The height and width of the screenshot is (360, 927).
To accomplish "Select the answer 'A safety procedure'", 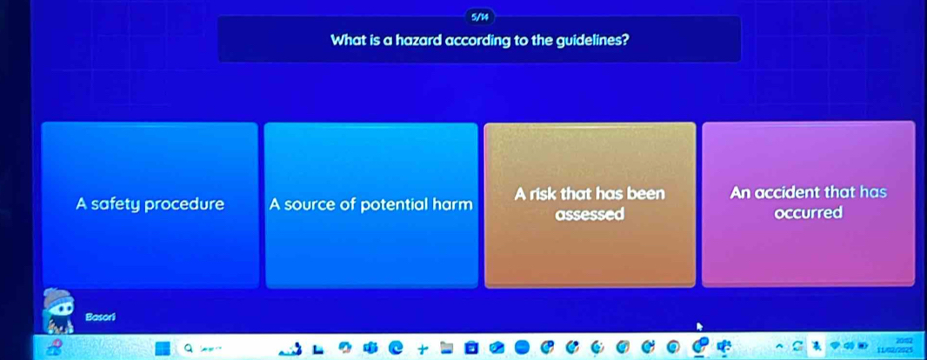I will [150, 204].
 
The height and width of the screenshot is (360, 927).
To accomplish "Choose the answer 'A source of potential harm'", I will [371, 205].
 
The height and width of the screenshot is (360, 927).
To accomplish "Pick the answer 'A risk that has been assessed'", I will [590, 203].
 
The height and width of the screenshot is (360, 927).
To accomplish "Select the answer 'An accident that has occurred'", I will [808, 203].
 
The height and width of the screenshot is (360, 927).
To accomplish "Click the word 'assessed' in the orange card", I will [590, 214].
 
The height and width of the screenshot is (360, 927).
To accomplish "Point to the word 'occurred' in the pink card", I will [809, 213].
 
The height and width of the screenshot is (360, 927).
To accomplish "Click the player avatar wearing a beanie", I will [60, 311].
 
